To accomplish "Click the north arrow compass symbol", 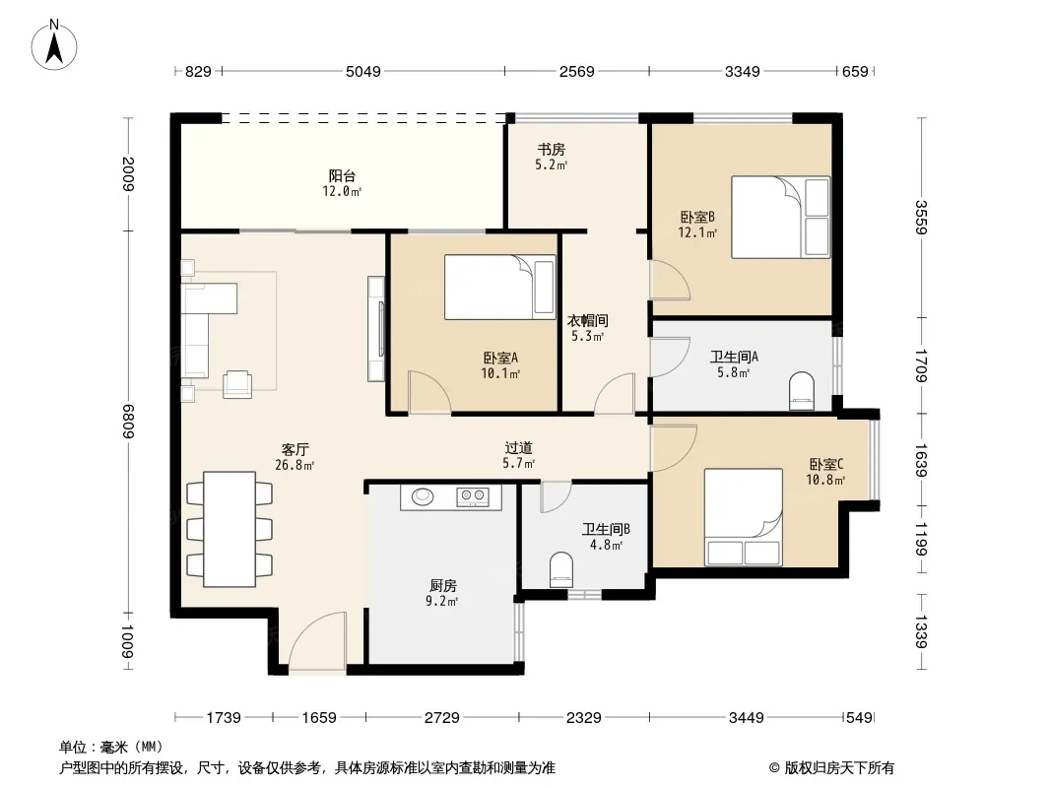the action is (54, 45).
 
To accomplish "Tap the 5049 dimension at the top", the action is (362, 71).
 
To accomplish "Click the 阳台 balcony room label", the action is (342, 176).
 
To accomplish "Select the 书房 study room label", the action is (552, 150).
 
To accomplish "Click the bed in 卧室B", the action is (781, 217).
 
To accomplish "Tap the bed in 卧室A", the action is (500, 287).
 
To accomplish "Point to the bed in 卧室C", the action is (744, 517).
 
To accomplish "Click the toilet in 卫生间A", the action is (802, 392).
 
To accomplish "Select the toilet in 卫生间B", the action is (560, 569).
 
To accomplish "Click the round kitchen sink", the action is (423, 496).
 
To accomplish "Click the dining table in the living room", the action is (230, 529).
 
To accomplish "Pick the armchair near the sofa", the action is (237, 384).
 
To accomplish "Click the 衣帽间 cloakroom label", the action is (588, 321).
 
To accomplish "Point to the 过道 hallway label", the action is (519, 447).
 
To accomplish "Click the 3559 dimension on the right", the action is (921, 217).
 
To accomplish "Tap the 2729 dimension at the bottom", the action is (442, 718).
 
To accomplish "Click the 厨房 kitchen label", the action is (442, 586).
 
